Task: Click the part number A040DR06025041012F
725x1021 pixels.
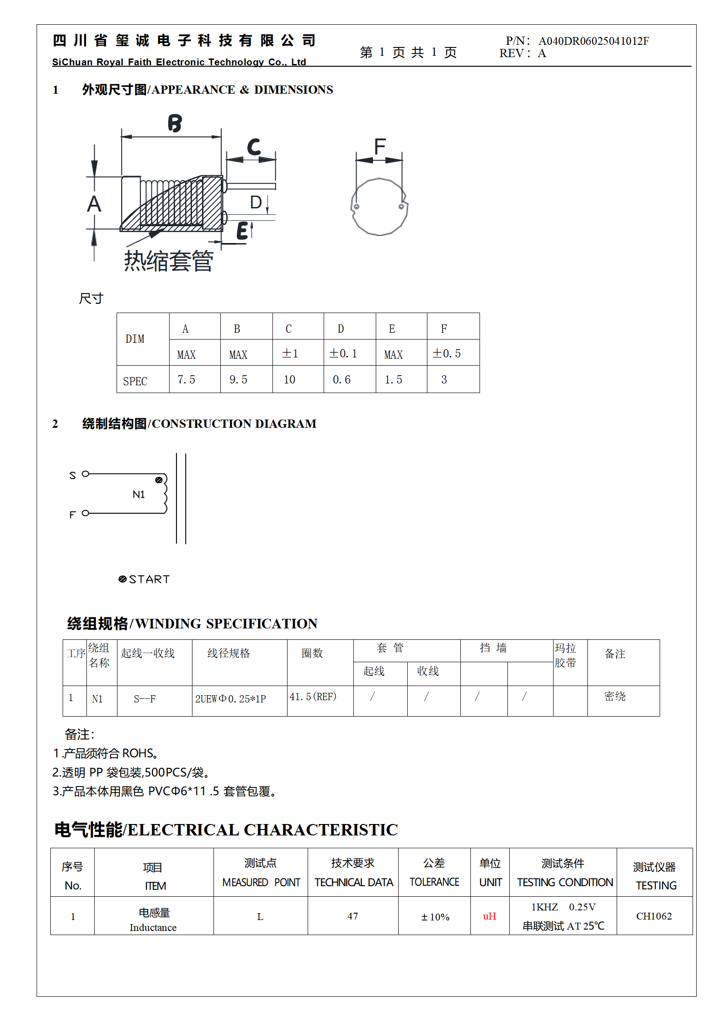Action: click(x=593, y=41)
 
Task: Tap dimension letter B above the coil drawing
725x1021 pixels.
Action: click(x=175, y=123)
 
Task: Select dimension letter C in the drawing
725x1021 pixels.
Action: click(x=254, y=147)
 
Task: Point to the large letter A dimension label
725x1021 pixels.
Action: click(x=94, y=204)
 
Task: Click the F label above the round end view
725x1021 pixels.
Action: click(x=380, y=147)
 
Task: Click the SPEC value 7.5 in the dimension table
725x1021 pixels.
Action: click(x=186, y=380)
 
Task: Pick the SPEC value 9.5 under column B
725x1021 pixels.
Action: click(x=238, y=380)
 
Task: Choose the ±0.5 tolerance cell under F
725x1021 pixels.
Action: click(x=447, y=353)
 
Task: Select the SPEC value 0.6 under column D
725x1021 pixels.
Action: click(x=341, y=380)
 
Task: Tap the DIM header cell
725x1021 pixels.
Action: click(x=135, y=339)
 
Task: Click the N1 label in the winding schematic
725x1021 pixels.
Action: click(x=139, y=495)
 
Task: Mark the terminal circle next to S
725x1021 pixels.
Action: click(x=85, y=474)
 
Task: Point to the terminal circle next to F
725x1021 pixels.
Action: click(x=85, y=513)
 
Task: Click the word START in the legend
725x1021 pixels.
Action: click(x=149, y=580)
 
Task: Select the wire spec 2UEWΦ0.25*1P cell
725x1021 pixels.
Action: click(x=230, y=699)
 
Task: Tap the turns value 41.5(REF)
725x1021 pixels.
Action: click(x=313, y=697)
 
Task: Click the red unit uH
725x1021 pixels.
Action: click(x=489, y=916)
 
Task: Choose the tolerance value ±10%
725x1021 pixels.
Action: click(x=435, y=917)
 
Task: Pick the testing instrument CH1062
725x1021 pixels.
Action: click(x=654, y=916)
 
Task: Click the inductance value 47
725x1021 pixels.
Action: click(x=352, y=916)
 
